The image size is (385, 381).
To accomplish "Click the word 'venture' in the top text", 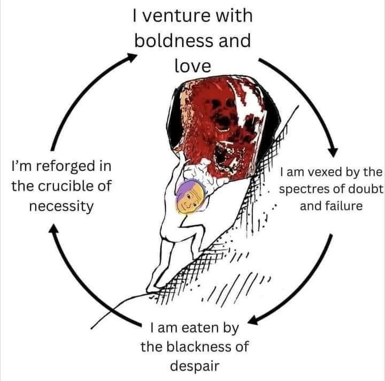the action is point(176,15).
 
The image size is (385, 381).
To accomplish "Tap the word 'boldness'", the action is point(174,41).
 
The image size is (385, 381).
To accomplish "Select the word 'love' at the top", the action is point(192,66).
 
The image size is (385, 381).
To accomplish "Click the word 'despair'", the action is point(195,366).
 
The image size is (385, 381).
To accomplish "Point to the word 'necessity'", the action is point(61,206).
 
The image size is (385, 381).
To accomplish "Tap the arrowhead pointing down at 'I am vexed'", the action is point(334,152).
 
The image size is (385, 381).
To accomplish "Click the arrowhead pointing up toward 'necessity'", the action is point(54,229).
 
